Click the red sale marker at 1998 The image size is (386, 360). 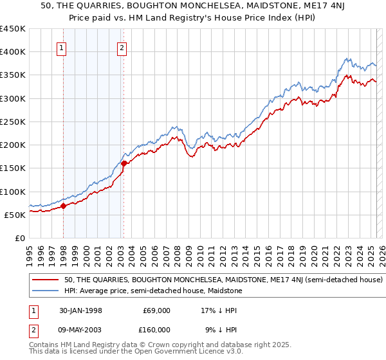click(64, 206)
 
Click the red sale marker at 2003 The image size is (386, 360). click(124, 163)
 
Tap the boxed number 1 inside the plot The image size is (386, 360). click(62, 47)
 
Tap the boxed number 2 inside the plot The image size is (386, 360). click(122, 47)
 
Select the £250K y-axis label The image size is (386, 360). click(13, 122)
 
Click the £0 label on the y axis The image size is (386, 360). click(19, 238)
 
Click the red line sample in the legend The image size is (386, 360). click(46, 280)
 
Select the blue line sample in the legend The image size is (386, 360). click(46, 291)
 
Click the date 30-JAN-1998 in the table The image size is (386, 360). click(80, 310)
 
